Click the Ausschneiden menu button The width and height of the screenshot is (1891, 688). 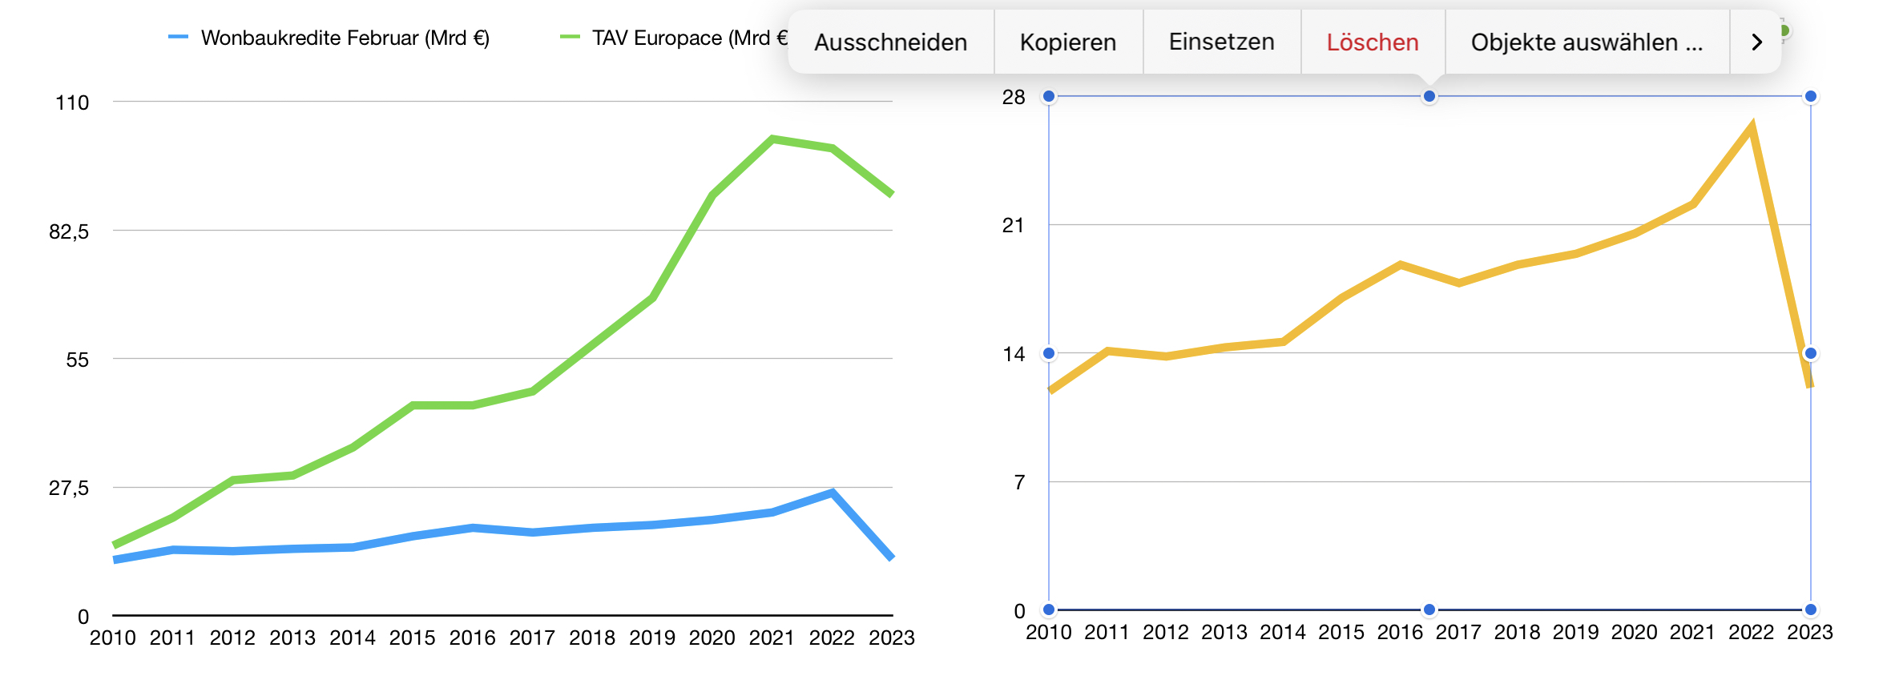pyautogui.click(x=890, y=42)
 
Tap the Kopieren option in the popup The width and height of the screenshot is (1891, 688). pyautogui.click(x=1067, y=42)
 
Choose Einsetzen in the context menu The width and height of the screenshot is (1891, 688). pyautogui.click(x=1221, y=42)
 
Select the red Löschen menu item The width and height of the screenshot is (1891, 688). pyautogui.click(x=1372, y=42)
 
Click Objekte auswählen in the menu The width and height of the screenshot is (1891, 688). pyautogui.click(x=1586, y=42)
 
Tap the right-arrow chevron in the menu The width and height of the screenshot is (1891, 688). pyautogui.click(x=1756, y=42)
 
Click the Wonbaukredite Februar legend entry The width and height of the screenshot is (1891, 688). pyautogui.click(x=344, y=38)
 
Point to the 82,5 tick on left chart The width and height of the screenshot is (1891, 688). pyautogui.click(x=69, y=231)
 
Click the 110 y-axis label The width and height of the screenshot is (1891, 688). pyautogui.click(x=72, y=103)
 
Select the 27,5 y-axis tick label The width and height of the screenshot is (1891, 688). pyautogui.click(x=69, y=488)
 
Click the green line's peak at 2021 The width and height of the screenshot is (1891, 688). pyautogui.click(x=772, y=139)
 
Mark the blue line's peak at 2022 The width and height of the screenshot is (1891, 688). pyautogui.click(x=833, y=493)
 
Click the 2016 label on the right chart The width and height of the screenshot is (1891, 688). pyautogui.click(x=1400, y=633)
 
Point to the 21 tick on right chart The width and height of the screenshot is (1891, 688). pyautogui.click(x=1014, y=225)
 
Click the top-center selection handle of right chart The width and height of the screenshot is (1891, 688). pyautogui.click(x=1429, y=97)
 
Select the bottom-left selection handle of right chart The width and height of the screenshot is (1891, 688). pyautogui.click(x=1049, y=610)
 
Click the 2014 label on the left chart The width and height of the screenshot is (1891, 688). pyautogui.click(x=353, y=638)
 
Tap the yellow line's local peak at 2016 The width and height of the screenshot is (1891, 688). pyautogui.click(x=1400, y=265)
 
